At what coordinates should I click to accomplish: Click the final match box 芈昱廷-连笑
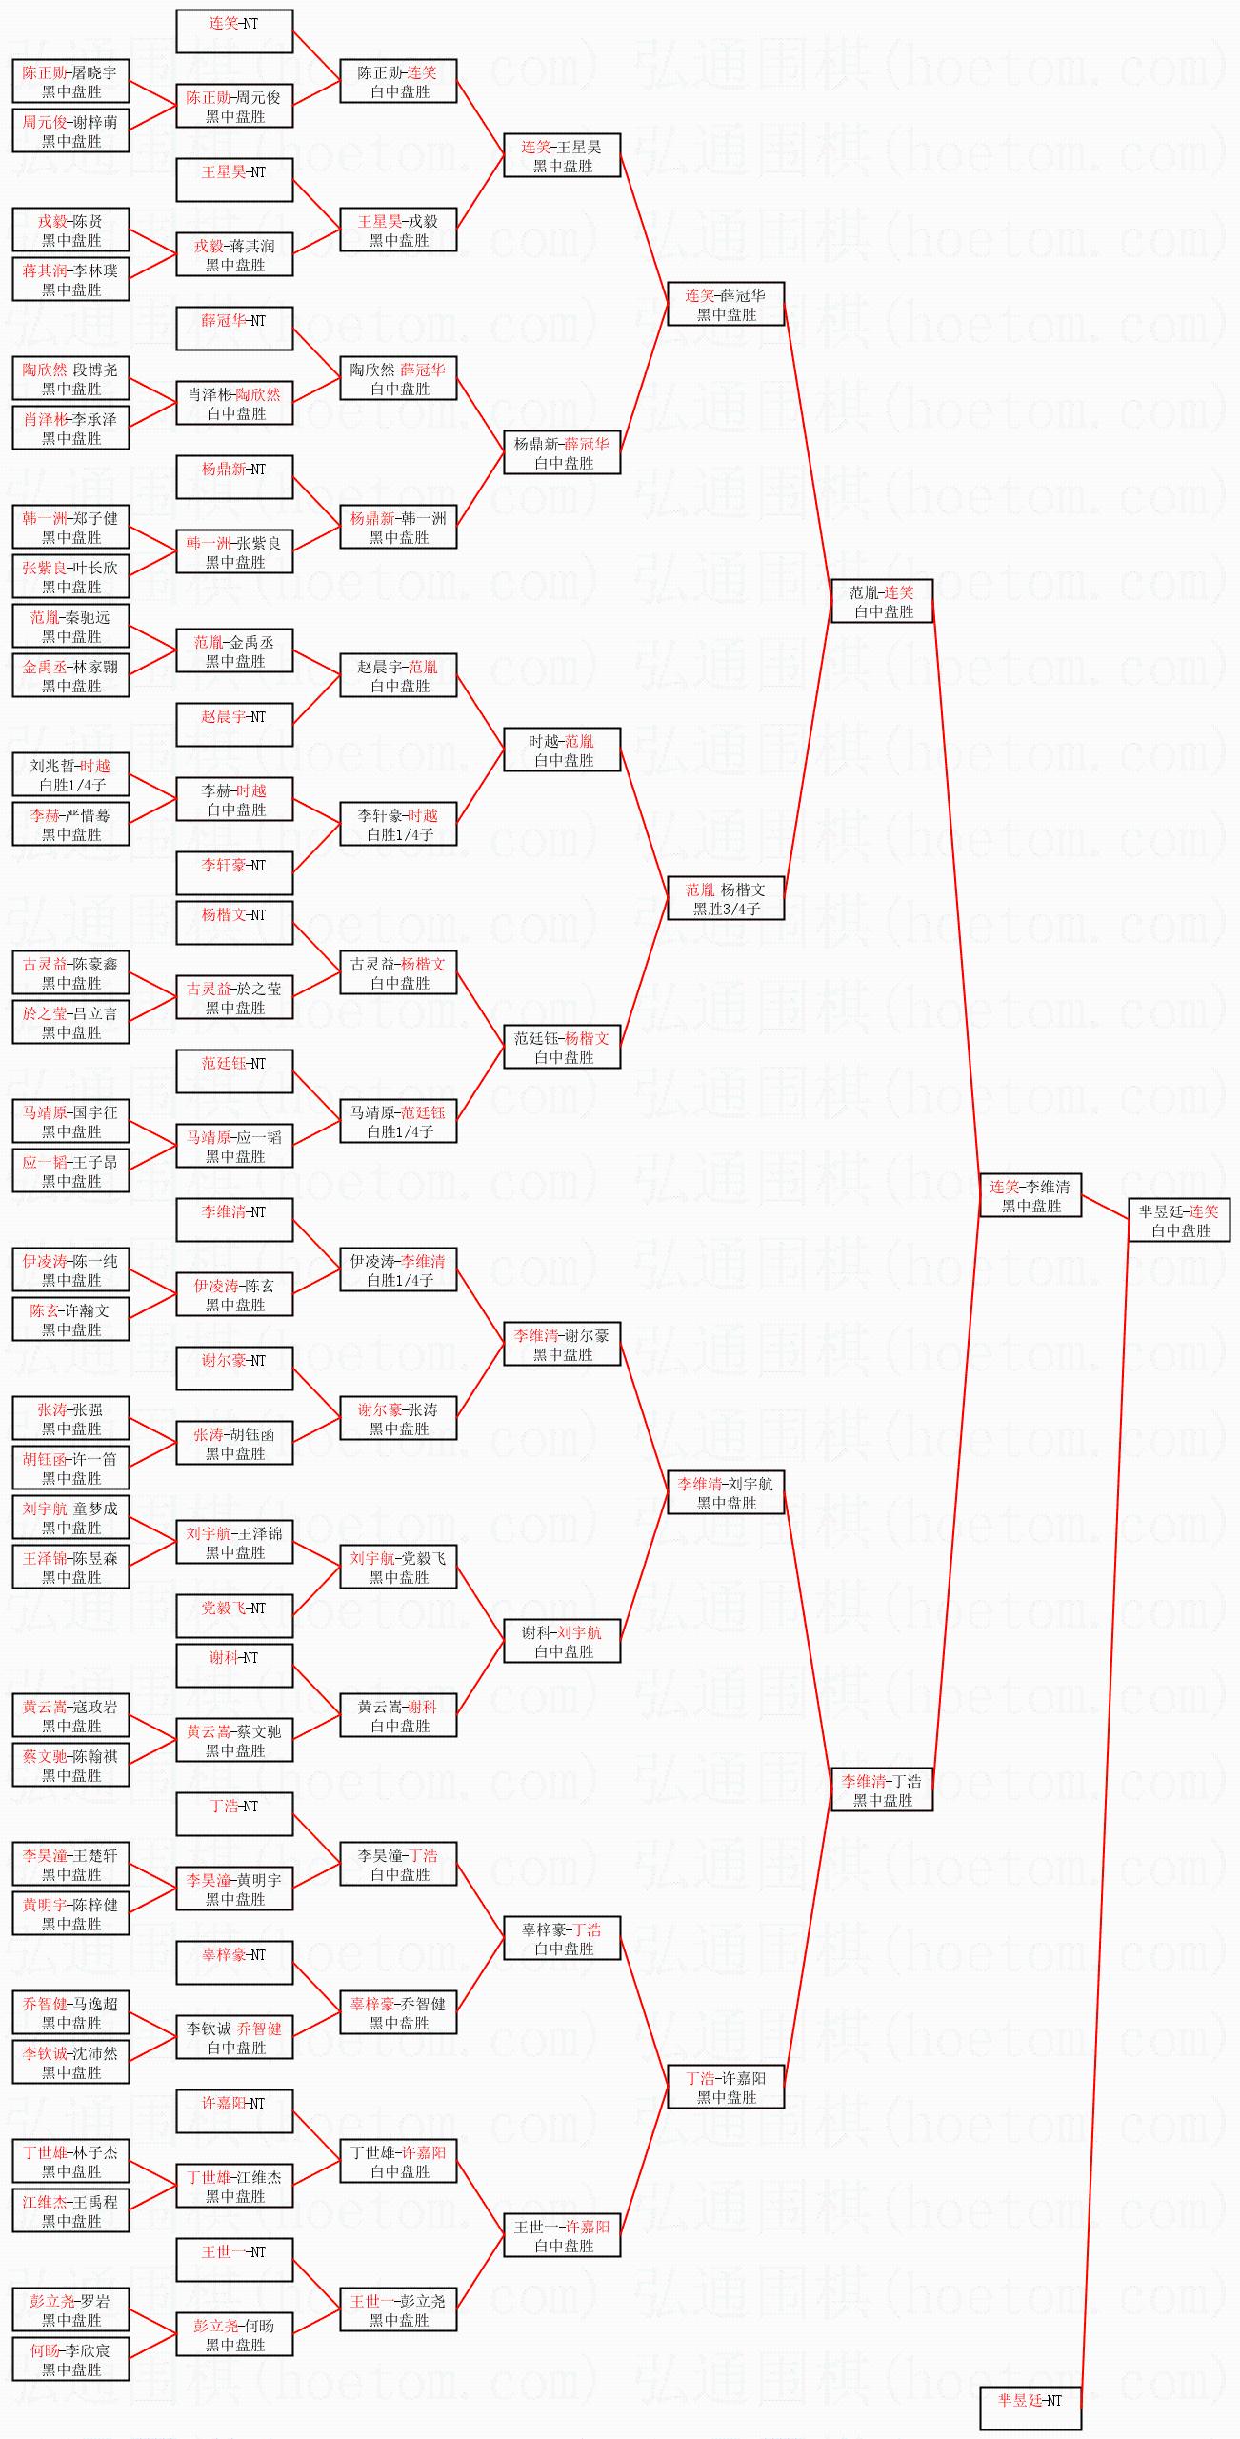click(x=1179, y=1220)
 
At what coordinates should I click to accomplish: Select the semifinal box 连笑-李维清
click(x=1030, y=1195)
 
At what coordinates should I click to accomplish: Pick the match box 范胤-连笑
click(x=882, y=601)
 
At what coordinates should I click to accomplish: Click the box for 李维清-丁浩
click(x=882, y=1789)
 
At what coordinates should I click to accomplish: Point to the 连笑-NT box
click(x=234, y=31)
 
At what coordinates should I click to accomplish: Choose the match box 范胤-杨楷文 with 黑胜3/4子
click(x=726, y=898)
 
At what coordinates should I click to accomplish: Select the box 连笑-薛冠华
click(x=726, y=304)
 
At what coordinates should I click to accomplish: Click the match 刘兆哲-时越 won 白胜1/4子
click(x=71, y=774)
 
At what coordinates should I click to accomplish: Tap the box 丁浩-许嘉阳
click(x=726, y=2087)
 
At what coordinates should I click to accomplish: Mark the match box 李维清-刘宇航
click(x=726, y=1492)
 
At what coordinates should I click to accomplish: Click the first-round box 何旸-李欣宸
click(x=71, y=2359)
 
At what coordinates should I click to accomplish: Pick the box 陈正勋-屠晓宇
click(x=71, y=81)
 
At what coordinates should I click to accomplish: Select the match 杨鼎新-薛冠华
click(x=562, y=452)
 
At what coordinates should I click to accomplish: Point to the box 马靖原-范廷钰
click(x=399, y=1121)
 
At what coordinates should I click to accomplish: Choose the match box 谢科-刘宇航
click(x=562, y=1641)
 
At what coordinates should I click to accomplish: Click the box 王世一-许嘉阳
click(x=562, y=2235)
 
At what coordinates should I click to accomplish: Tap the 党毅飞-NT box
click(x=234, y=1616)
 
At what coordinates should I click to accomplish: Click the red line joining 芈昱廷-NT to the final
click(x=1105, y=1809)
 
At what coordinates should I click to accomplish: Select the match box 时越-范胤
click(x=562, y=750)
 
